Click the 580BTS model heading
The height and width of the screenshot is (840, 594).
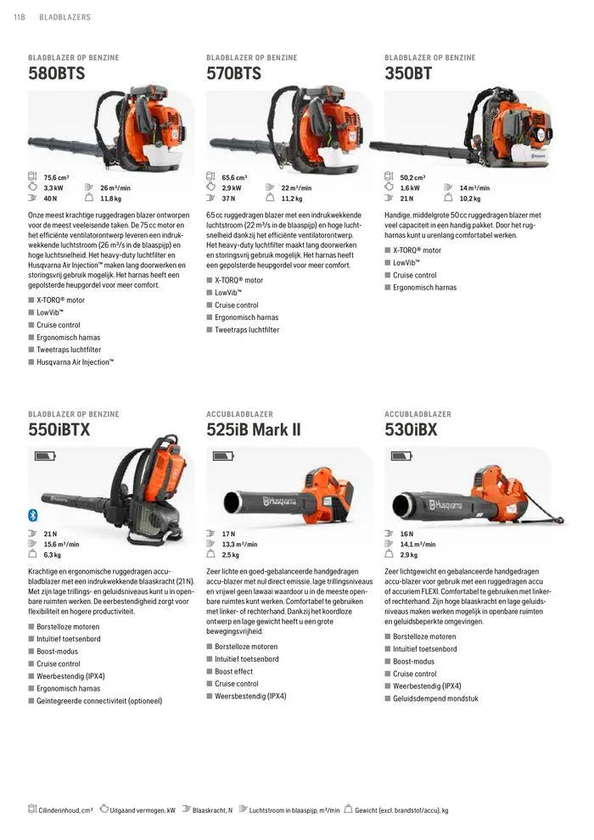point(56,73)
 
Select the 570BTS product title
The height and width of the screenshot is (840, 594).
point(233,73)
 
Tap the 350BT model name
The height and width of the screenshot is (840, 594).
point(408,73)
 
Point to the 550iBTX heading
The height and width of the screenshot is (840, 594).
point(59,429)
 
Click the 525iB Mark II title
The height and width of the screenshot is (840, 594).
point(254,429)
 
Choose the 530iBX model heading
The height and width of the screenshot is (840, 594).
point(411,429)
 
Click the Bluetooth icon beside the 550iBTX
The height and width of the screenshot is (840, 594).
point(33,515)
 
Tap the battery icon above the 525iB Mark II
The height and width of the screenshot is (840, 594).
point(223,456)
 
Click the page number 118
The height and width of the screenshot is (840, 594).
point(20,17)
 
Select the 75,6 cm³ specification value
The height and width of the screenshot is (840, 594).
point(56,177)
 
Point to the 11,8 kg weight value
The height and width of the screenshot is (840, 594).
point(111,199)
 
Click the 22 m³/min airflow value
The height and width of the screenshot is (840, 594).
point(296,188)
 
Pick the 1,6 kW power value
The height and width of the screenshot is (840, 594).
point(410,188)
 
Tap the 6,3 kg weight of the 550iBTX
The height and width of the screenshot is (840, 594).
point(52,555)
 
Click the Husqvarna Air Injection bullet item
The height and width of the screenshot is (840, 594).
point(75,362)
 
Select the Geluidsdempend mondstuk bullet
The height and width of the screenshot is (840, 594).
point(435,698)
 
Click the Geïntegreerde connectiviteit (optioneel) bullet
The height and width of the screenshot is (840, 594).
point(99,701)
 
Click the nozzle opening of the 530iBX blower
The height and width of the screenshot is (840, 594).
point(401,505)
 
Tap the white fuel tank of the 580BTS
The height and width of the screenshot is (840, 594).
point(164,156)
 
